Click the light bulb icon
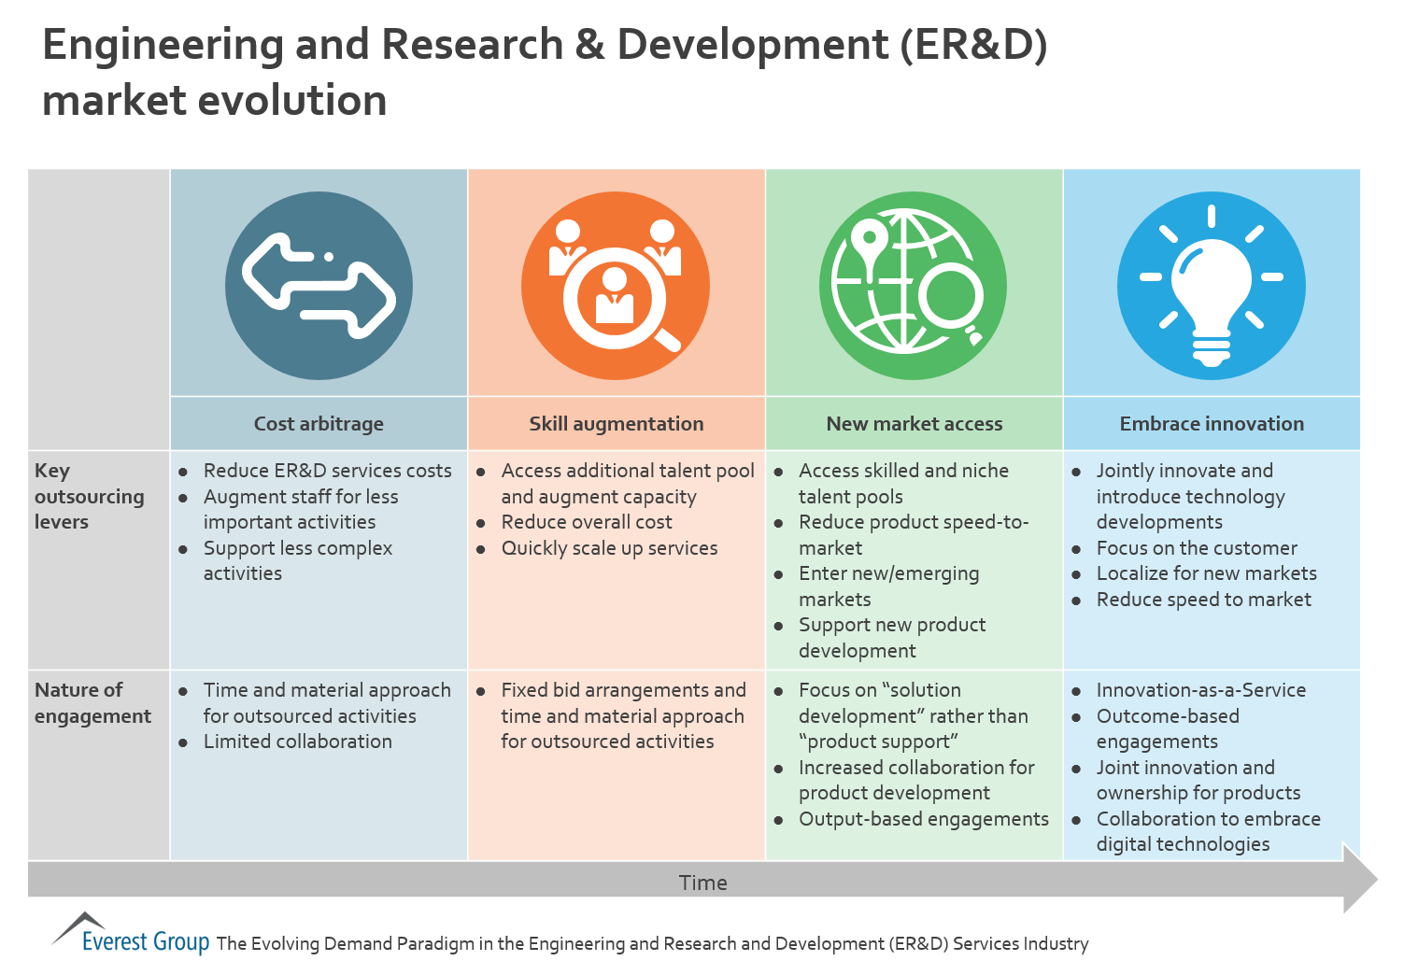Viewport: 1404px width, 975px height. pos(1211,286)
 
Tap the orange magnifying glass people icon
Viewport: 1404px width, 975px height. pos(616,286)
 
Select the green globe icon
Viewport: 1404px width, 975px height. pos(914,286)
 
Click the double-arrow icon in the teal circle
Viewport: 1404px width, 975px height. pos(319,286)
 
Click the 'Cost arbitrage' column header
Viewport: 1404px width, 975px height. pos(319,424)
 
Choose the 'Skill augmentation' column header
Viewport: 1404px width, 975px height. pos(617,424)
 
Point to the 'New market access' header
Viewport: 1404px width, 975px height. pos(915,424)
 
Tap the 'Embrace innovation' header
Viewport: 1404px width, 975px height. pos(1212,424)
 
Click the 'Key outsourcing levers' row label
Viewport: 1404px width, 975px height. pos(89,496)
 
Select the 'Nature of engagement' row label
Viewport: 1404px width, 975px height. pos(92,703)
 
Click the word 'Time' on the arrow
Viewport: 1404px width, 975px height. pos(702,883)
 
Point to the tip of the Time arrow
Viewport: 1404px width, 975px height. pos(1378,879)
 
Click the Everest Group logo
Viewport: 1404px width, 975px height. pos(131,934)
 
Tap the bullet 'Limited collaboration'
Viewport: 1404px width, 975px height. pos(298,742)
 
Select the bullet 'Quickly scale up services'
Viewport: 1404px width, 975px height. pos(609,548)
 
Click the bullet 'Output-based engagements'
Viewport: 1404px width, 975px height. pos(923,820)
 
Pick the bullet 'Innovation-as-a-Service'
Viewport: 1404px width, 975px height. pos(1201,690)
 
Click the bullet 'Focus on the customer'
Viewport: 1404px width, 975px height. pos(1197,548)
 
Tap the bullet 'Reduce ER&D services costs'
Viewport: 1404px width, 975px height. pos(327,471)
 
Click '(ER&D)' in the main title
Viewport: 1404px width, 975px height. pos(973,45)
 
